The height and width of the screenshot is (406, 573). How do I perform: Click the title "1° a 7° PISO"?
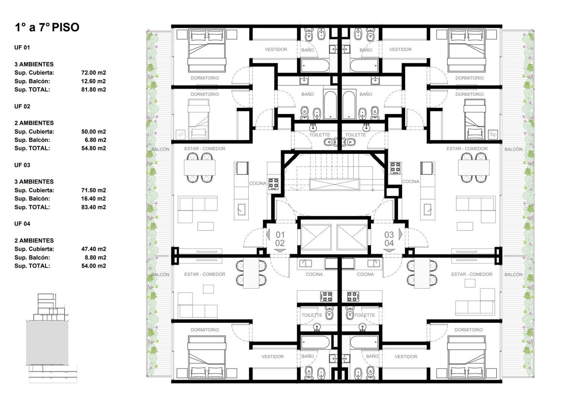[x=47, y=27]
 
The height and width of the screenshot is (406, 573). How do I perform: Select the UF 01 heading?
[x=22, y=47]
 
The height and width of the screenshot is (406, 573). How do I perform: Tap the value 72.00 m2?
[x=94, y=73]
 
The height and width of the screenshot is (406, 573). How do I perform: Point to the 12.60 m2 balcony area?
[x=94, y=81]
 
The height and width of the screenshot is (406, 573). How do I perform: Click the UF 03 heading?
[x=22, y=165]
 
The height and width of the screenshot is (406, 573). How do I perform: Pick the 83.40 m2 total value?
[x=94, y=207]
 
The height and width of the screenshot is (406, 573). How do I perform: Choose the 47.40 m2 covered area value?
[x=94, y=249]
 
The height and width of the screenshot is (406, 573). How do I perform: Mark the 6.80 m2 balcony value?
[x=95, y=140]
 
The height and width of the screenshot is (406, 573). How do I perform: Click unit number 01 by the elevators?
[x=280, y=235]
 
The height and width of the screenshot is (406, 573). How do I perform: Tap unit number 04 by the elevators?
[x=389, y=243]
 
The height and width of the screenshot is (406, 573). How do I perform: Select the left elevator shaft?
[x=316, y=237]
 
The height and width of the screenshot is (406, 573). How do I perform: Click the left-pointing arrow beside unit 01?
[x=268, y=234]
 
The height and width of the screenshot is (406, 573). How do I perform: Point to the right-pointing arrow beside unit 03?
[x=401, y=234]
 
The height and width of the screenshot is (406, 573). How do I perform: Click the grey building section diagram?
[x=47, y=343]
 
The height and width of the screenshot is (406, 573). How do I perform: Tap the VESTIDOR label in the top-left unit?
[x=276, y=49]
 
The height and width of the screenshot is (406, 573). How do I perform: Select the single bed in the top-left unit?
[x=199, y=119]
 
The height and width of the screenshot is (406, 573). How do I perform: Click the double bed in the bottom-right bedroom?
[x=467, y=357]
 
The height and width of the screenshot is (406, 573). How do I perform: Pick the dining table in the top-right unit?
[x=474, y=168]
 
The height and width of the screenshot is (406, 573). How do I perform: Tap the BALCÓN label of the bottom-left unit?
[x=160, y=274]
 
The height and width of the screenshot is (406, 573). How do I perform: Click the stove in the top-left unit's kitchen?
[x=273, y=183]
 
